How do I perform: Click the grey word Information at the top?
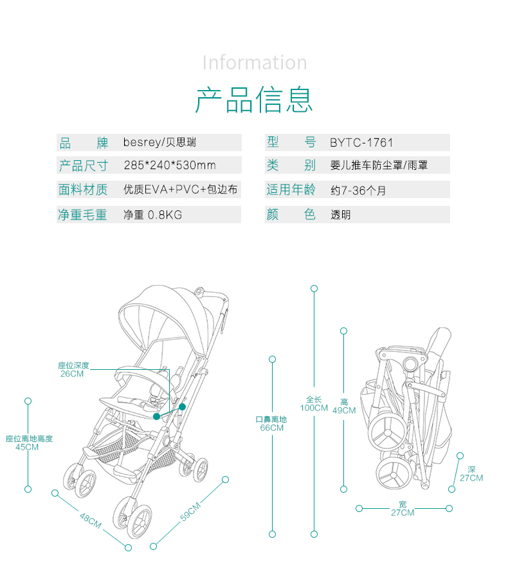[x=255, y=62]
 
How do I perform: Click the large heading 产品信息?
[x=254, y=100]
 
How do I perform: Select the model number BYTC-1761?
[x=361, y=143]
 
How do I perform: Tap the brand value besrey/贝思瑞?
[x=159, y=142]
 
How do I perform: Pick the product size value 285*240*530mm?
[x=170, y=165]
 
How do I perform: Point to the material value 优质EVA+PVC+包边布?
[x=180, y=189]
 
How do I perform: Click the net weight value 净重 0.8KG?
[x=152, y=215]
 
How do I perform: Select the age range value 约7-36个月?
[x=358, y=190]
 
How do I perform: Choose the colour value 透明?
[x=341, y=215]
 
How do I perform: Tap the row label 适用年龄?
[x=291, y=190]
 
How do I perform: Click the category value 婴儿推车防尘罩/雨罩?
[x=379, y=165]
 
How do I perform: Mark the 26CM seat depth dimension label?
[x=72, y=374]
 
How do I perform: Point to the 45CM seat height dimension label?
[x=27, y=447]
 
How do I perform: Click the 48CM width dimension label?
[x=91, y=520]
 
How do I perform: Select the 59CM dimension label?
[x=190, y=511]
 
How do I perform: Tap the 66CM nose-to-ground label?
[x=272, y=428]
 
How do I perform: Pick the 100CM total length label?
[x=314, y=408]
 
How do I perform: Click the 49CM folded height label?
[x=344, y=410]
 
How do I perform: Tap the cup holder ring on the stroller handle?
[x=199, y=291]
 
